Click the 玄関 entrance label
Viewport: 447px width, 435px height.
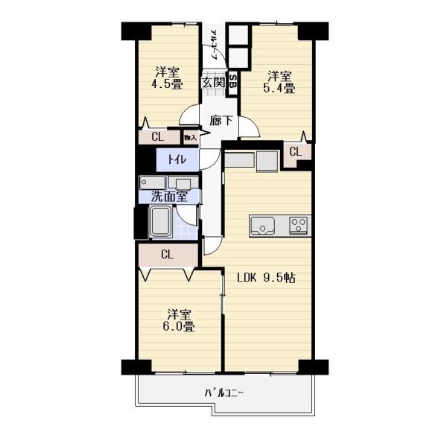[213, 83]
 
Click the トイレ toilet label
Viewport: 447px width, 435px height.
[177, 159]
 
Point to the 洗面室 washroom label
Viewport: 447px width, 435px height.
[168, 197]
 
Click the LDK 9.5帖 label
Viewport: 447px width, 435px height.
[266, 278]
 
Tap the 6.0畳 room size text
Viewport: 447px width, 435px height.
[180, 326]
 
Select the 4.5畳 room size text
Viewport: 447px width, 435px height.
[168, 86]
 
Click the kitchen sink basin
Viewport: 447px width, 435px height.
[264, 225]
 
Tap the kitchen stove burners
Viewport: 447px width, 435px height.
[299, 225]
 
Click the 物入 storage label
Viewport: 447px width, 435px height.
[190, 137]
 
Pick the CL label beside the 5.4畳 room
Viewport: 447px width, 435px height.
[295, 152]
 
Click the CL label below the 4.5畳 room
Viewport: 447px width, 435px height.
[157, 137]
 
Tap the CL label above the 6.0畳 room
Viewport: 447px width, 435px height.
[167, 255]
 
